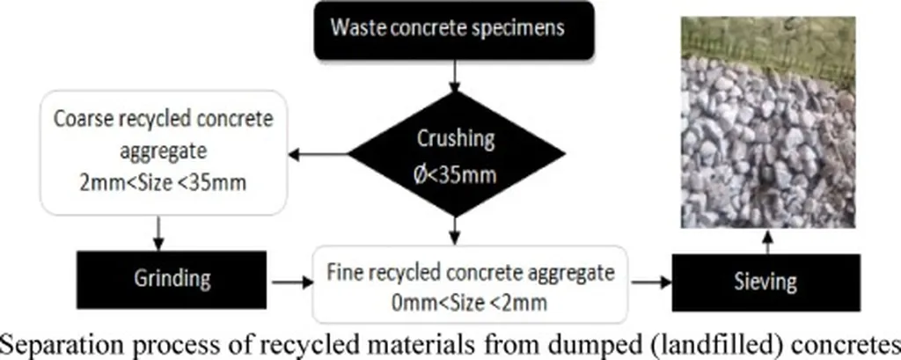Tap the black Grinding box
(172, 279)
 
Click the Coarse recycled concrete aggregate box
(150, 151)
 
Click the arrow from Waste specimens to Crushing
(454, 73)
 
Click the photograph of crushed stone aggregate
(768, 122)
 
